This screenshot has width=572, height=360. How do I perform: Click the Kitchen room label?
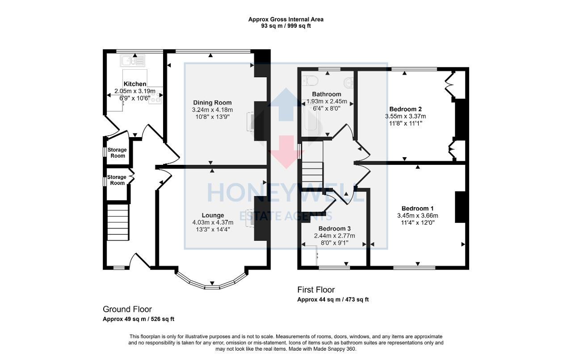click(135, 84)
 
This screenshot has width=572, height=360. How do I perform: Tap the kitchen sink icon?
click(131, 60)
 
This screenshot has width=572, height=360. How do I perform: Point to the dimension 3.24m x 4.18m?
click(212, 109)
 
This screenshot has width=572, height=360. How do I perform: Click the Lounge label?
click(212, 215)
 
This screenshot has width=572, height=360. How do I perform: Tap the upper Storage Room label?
click(118, 153)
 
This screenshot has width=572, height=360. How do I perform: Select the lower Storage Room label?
click(117, 180)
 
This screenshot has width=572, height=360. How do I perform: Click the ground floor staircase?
click(118, 222)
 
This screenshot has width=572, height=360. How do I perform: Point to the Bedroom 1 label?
click(417, 209)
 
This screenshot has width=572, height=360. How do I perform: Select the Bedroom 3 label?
click(334, 229)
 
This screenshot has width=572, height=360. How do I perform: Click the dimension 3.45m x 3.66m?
click(417, 215)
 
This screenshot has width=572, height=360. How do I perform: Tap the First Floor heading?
click(316, 290)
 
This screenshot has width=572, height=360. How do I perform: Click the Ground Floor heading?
click(127, 309)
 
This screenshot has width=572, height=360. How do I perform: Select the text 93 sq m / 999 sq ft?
click(286, 26)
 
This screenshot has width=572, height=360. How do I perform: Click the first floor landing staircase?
click(312, 171)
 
